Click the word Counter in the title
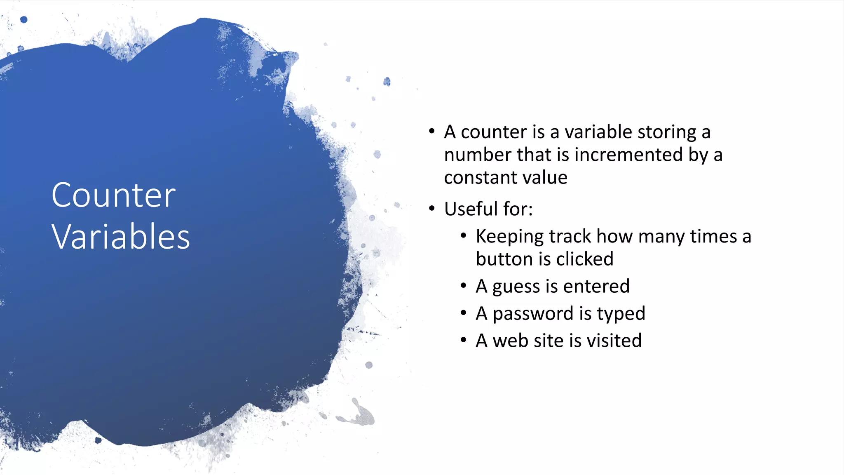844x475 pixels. [113, 195]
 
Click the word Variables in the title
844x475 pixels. [120, 237]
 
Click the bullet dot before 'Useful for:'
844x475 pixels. [431, 208]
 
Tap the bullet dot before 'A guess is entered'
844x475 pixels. [463, 285]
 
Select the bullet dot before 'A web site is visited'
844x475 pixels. [463, 340]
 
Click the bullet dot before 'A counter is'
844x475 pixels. [431, 132]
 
